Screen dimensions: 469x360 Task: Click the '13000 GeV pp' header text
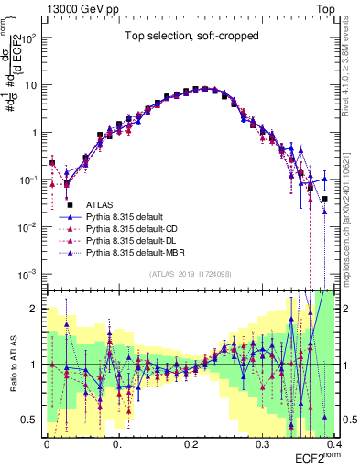pos(84,8)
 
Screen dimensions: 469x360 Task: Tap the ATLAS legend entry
pos(100,204)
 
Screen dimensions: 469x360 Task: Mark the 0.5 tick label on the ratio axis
pos(32,420)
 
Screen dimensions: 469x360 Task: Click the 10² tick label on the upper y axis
pos(30,38)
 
